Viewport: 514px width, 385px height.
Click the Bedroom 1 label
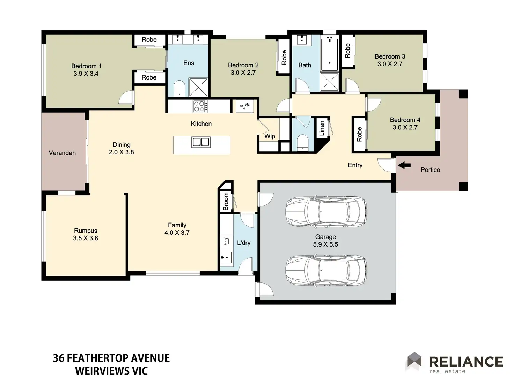[86, 66]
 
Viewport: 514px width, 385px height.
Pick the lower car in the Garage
[326, 271]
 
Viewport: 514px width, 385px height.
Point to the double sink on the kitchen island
[201, 142]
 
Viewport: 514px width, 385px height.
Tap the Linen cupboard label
[322, 128]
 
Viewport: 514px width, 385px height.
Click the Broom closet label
[226, 201]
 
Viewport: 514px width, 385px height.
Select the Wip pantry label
[270, 136]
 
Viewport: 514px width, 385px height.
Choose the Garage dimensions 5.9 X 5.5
[325, 244]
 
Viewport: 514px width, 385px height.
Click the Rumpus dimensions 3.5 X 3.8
[86, 238]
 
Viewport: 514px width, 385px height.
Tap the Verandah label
[62, 153]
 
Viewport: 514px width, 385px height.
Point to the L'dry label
[244, 243]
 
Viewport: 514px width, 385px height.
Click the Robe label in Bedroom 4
[359, 134]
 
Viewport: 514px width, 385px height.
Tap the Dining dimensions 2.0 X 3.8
[122, 152]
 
